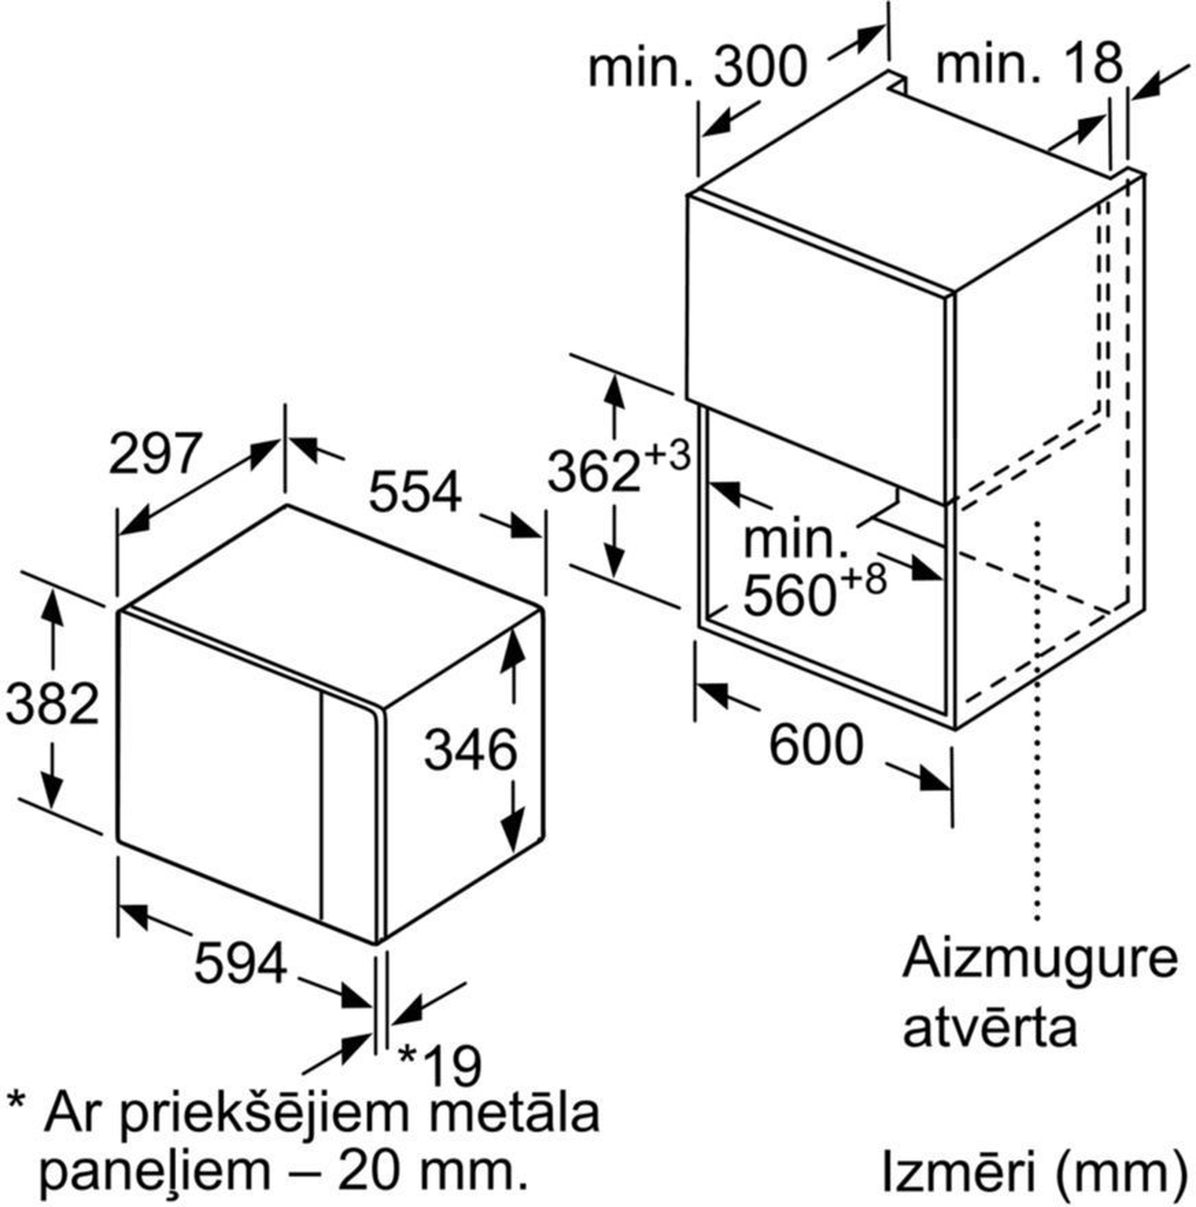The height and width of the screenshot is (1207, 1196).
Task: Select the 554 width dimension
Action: [416, 492]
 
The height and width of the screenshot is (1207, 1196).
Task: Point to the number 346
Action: [471, 749]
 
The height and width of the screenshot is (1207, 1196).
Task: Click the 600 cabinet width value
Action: [816, 745]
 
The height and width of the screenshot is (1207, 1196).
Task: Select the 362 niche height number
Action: [594, 473]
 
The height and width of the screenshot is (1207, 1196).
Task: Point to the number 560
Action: [790, 595]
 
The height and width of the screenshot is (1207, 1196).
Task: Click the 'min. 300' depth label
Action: [698, 68]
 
